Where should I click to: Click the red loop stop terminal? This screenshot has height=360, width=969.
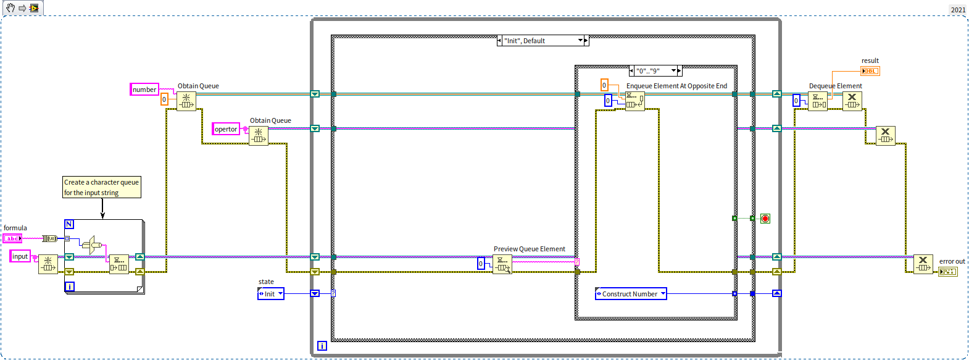[765, 219]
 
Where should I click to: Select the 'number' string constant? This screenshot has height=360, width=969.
[144, 90]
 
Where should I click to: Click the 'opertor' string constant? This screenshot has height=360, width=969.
[226, 129]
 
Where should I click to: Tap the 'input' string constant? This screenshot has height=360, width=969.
[20, 256]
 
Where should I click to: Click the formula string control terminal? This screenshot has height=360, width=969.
[12, 238]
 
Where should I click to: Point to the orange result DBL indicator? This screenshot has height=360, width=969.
[870, 71]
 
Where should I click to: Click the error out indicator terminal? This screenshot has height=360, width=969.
[948, 271]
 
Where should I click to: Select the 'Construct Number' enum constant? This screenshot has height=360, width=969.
[631, 294]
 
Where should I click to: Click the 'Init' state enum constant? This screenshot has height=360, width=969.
[271, 294]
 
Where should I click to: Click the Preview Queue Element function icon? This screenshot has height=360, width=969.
[502, 264]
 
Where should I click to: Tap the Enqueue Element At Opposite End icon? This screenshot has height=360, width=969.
[635, 101]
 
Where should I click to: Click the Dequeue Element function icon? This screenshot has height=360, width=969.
[818, 101]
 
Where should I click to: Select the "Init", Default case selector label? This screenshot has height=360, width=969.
[543, 41]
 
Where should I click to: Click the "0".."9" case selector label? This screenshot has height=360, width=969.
[655, 70]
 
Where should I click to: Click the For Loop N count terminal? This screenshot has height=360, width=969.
[69, 224]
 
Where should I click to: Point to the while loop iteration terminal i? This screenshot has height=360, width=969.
[322, 346]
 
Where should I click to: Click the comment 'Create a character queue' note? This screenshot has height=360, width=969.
[102, 187]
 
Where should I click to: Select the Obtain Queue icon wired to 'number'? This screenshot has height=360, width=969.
[186, 101]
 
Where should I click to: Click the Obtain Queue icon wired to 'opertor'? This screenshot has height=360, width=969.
[258, 136]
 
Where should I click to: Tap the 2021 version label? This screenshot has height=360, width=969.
[958, 9]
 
